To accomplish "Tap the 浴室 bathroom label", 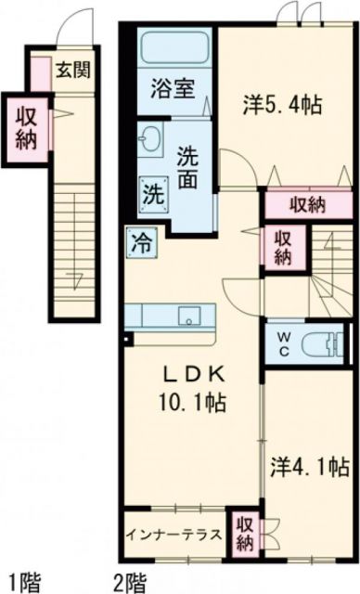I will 173,92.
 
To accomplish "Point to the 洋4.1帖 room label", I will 310,463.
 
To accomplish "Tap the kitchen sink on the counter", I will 191,315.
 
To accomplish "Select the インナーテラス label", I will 176,535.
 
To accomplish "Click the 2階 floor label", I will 130,584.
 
